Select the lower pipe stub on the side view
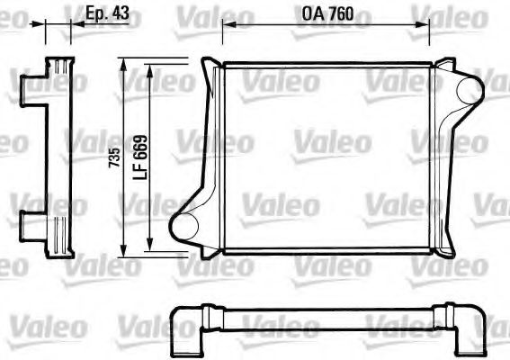pyautogui.click(x=32, y=222)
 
